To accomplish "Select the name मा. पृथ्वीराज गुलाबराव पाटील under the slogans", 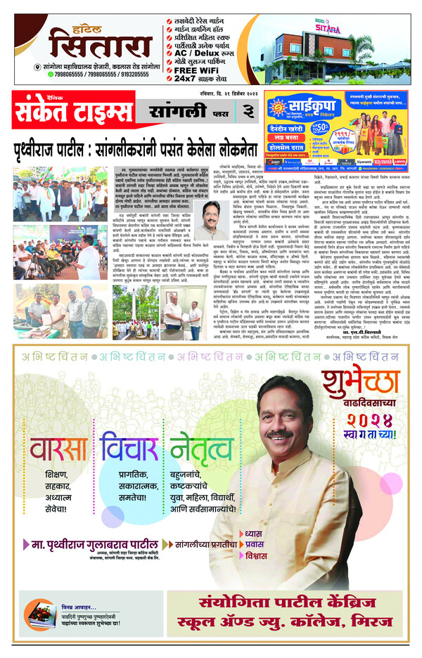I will [x=89, y=543].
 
